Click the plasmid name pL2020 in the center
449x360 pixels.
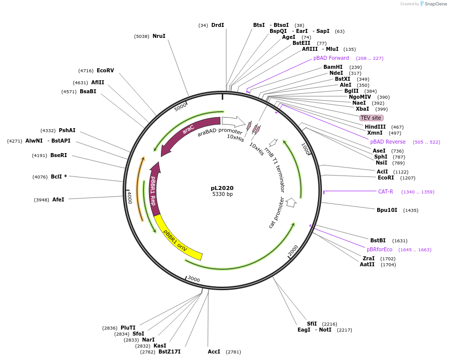click(222, 188)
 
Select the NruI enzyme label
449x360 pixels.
click(159, 36)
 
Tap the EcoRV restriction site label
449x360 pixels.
click(105, 70)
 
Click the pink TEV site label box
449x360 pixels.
click(371, 118)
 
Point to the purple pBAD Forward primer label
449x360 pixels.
click(331, 58)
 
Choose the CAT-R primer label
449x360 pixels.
click(385, 191)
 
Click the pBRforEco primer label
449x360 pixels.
click(379, 249)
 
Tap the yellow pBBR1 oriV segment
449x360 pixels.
click(177, 239)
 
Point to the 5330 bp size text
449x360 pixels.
click(222, 194)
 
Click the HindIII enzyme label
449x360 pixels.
click(375, 127)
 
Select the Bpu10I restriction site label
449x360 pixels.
click(387, 210)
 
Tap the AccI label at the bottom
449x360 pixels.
click(214, 352)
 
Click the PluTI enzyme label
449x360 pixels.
click(128, 328)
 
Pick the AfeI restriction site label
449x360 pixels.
click(58, 199)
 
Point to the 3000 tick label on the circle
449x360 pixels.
click(193, 279)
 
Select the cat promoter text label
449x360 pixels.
click(276, 213)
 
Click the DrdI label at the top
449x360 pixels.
click(217, 25)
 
